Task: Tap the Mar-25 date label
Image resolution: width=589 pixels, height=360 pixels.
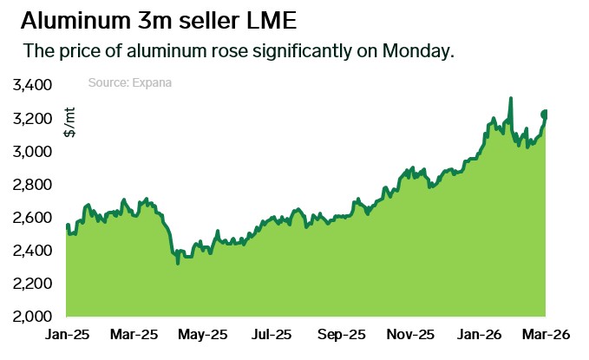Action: pos(135,334)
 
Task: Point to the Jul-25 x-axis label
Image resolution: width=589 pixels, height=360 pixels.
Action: pos(272,334)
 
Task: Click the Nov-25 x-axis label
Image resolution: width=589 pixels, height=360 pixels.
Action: pos(410,334)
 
